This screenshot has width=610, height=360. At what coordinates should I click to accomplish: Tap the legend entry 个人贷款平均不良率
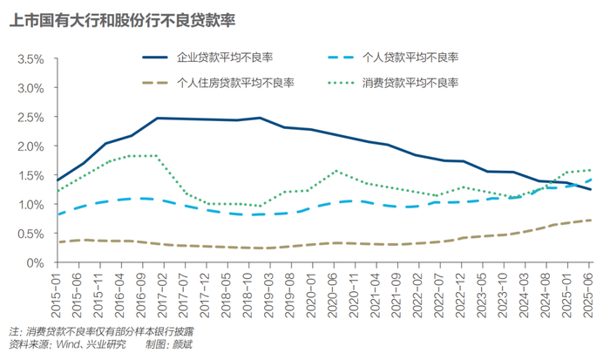point(410,58)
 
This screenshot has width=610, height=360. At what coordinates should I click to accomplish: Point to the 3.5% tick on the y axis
point(30,59)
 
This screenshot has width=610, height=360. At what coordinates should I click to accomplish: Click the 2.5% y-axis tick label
point(30,118)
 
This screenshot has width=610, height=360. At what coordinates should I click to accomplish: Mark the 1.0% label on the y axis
point(30,204)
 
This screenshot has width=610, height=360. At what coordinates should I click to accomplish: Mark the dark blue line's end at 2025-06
point(590,189)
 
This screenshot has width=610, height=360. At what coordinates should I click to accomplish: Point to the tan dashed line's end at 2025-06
point(590,220)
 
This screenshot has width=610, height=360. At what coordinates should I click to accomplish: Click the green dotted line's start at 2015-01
point(57,191)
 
